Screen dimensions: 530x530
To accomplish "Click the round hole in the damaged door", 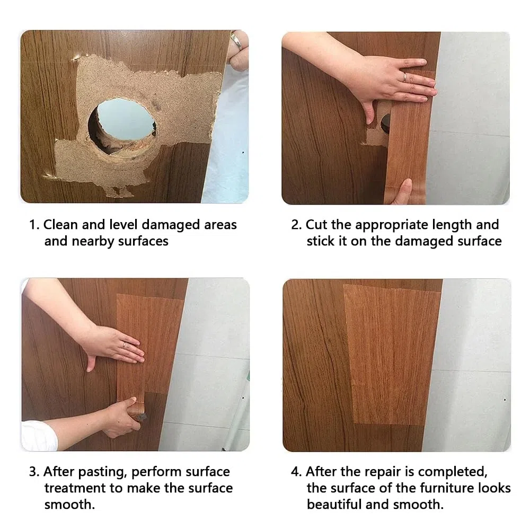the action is click(x=122, y=126).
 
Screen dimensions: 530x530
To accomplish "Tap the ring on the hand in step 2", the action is click(x=404, y=77).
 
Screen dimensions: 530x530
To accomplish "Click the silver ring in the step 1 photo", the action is click(x=236, y=41).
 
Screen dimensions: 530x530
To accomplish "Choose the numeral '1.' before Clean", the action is click(x=34, y=225).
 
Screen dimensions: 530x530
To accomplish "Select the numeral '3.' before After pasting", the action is click(x=34, y=472).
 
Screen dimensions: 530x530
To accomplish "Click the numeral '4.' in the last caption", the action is click(x=296, y=472).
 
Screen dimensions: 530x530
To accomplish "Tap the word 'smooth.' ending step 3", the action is click(x=69, y=505).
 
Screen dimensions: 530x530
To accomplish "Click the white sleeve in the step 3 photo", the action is click(x=39, y=436).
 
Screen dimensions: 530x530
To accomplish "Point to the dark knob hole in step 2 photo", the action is click(x=385, y=123).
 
